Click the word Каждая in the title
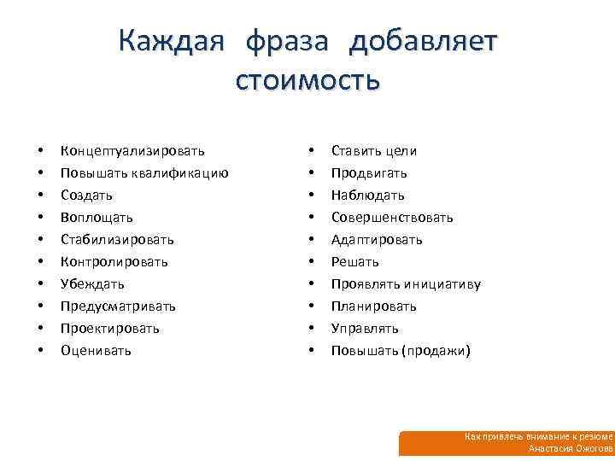tap(173, 42)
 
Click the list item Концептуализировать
tap(132, 151)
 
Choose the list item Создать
tap(87, 195)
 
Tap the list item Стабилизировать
tap(117, 240)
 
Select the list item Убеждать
tap(92, 283)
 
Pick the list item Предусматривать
tap(118, 306)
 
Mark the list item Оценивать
tap(96, 350)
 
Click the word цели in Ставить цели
tap(401, 151)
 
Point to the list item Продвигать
tap(369, 173)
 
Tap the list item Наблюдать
tap(368, 195)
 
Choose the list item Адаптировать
tap(377, 240)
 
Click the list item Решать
tap(355, 261)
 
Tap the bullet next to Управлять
tap(311, 329)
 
